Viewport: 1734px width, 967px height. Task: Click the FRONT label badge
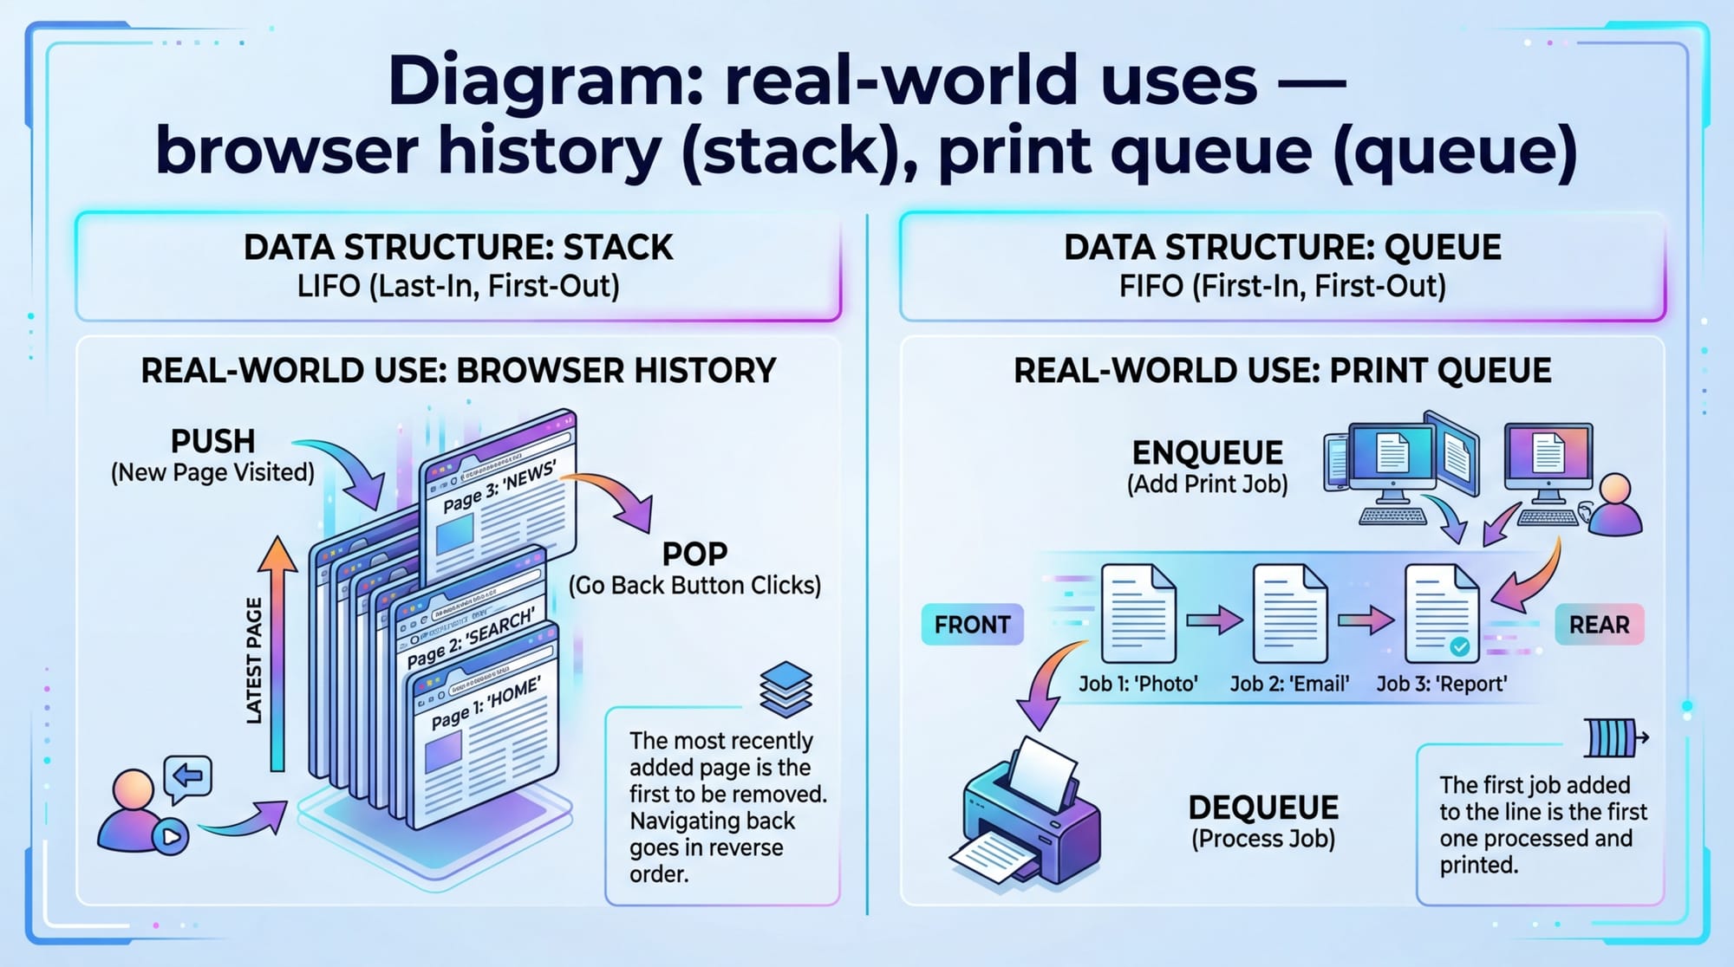pos(972,625)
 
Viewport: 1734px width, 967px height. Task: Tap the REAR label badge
pos(1599,625)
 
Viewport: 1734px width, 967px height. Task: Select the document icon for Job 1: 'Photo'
pos(1138,613)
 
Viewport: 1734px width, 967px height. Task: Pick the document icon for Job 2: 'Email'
pos(1289,613)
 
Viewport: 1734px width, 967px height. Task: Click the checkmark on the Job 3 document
pos(1460,646)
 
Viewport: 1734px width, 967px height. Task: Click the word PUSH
pos(212,441)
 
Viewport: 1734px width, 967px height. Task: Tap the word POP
pos(694,554)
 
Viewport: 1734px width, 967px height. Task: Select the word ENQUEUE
pos(1207,452)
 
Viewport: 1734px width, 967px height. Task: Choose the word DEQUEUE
pos(1263,808)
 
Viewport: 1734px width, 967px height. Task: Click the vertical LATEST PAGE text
pos(253,660)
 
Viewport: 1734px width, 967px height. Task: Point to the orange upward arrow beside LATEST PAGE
pos(277,650)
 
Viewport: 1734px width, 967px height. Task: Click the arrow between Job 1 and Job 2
pos(1214,620)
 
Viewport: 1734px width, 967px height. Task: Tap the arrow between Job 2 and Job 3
pos(1366,620)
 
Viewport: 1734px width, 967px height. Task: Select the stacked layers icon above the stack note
pos(785,689)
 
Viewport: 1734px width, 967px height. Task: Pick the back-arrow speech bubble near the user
pos(187,776)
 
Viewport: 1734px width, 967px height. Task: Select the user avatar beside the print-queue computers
pos(1614,506)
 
